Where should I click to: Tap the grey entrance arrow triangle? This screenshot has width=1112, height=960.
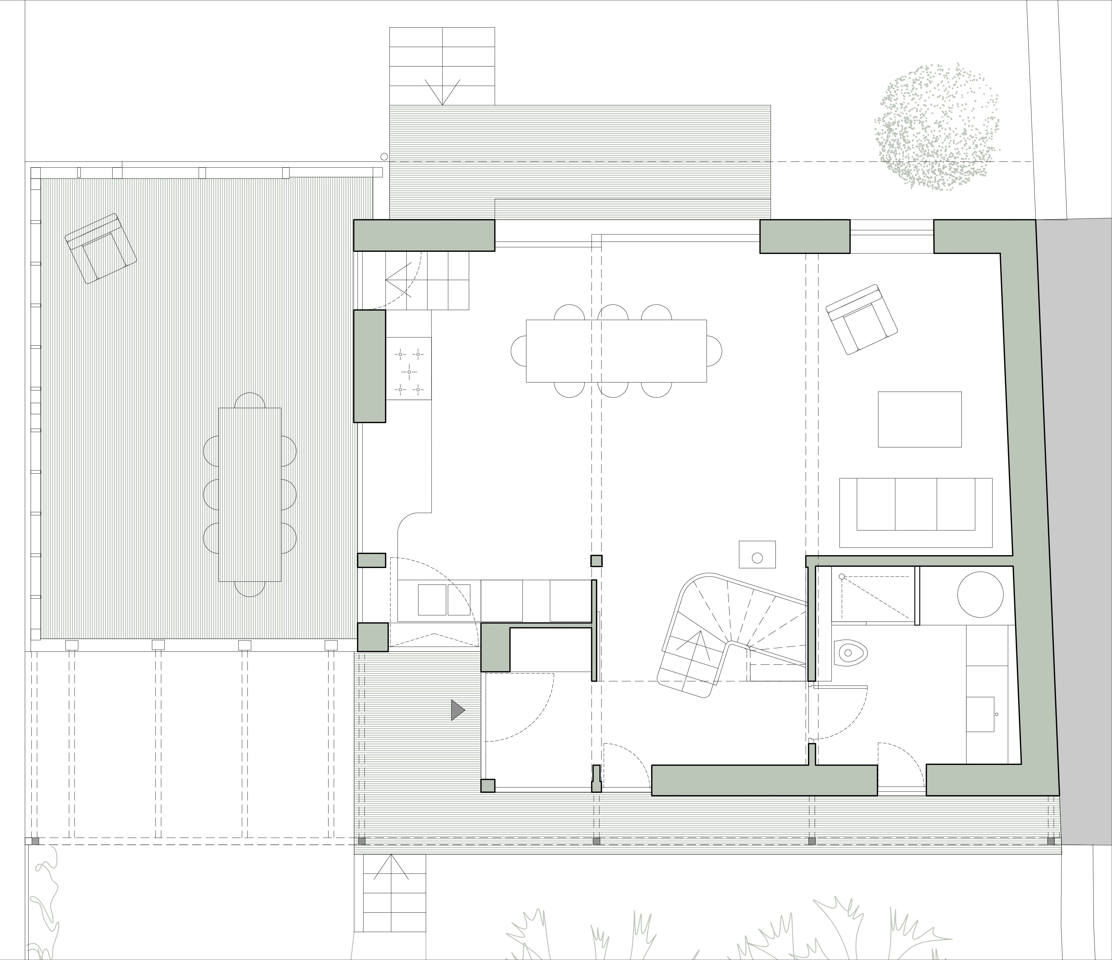[457, 710]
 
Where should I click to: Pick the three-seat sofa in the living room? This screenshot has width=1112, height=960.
[916, 505]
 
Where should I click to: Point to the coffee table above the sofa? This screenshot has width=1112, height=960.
[919, 419]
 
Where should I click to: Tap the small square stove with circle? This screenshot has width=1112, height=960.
[757, 554]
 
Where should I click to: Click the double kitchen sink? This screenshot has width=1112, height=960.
[444, 599]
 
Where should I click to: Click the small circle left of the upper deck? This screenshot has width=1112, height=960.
[384, 157]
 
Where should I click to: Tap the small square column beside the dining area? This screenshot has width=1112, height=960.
[596, 561]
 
